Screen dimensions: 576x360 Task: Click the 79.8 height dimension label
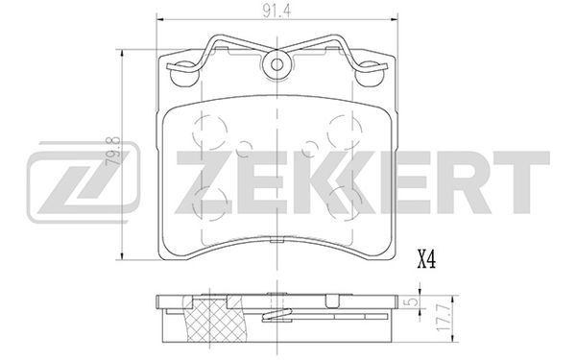coord(113,151)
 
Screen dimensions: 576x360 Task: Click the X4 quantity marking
coord(426,259)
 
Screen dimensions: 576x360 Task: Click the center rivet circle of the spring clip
coord(277,65)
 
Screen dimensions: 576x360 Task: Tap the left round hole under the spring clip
coord(184,74)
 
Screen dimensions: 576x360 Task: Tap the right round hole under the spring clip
coord(370,74)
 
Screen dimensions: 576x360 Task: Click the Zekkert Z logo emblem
coord(84,182)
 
